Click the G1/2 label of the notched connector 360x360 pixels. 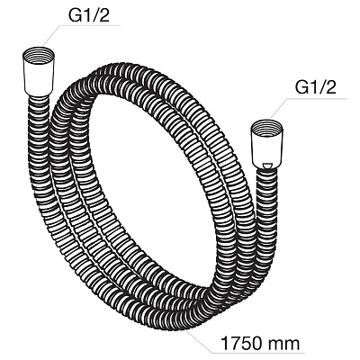(x=316, y=87)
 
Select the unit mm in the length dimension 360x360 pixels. (x=284, y=344)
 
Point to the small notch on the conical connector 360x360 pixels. (x=266, y=166)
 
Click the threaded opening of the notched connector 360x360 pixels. (x=266, y=128)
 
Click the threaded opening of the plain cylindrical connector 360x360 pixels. (x=39, y=55)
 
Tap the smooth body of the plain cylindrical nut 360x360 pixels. (x=39, y=78)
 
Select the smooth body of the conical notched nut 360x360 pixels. (x=266, y=151)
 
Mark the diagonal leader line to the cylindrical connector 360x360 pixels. (x=51, y=35)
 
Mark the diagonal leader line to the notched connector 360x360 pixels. (x=279, y=109)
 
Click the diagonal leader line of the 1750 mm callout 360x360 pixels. (x=198, y=339)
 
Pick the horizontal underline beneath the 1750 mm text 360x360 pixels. (x=258, y=353)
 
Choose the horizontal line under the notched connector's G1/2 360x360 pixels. (x=318, y=98)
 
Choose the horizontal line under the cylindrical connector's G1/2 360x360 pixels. (x=90, y=25)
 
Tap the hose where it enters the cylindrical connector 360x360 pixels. (x=39, y=101)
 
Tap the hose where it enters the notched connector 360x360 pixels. (x=266, y=174)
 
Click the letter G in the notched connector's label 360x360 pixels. (x=302, y=87)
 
